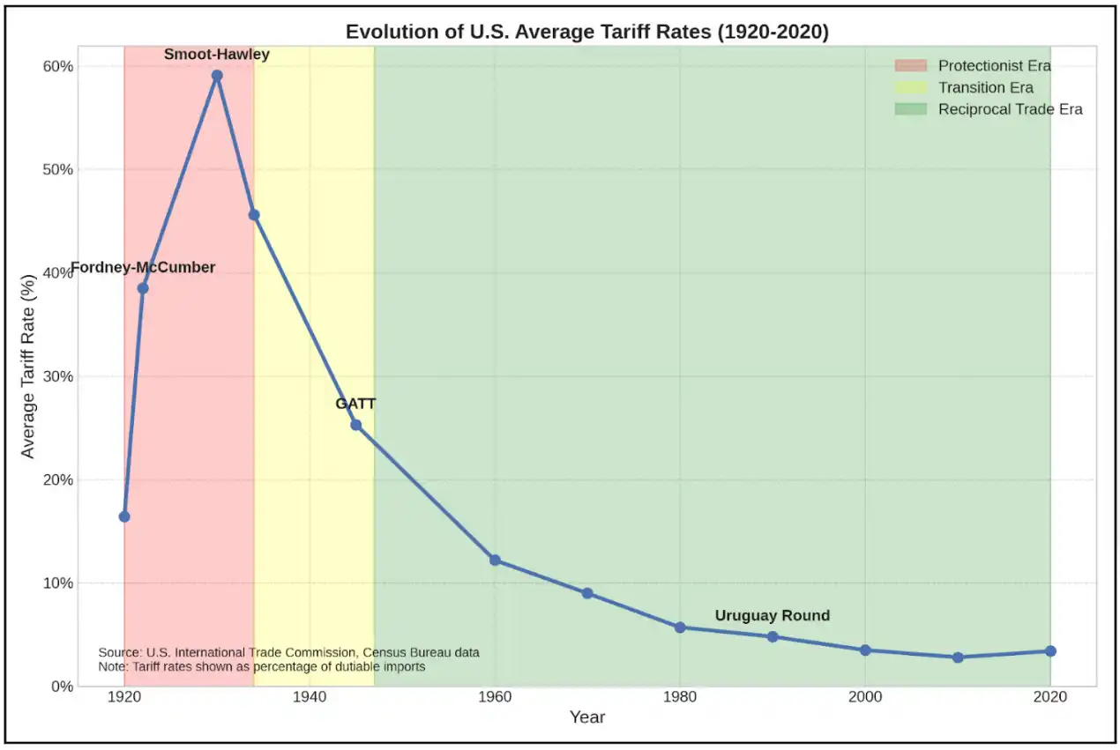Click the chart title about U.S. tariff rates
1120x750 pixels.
[x=587, y=33]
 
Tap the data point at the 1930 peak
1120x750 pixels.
[x=217, y=76]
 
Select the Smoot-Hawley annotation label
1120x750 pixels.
[x=217, y=55]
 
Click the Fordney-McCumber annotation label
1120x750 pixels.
[x=143, y=268]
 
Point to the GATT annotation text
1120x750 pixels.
[x=355, y=404]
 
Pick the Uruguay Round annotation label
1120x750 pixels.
[x=772, y=616]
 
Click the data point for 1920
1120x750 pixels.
[x=124, y=516]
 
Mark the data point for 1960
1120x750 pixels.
[x=495, y=561]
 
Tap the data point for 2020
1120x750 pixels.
[x=1050, y=651]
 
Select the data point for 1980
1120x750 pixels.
[x=680, y=627]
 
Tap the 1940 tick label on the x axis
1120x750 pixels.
[x=310, y=697]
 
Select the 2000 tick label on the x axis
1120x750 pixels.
[x=865, y=697]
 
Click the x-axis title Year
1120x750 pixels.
[x=587, y=717]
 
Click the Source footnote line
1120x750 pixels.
[x=289, y=652]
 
